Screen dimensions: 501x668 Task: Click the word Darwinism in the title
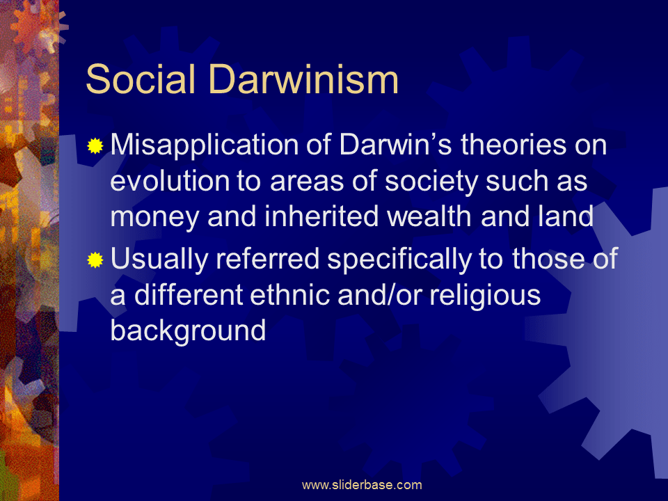pos(304,80)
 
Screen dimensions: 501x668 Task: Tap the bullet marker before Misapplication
pos(95,146)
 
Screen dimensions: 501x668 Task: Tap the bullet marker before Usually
pos(95,260)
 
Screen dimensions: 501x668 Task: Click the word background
pos(188,331)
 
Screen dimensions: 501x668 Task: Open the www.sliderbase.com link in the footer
pos(362,485)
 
